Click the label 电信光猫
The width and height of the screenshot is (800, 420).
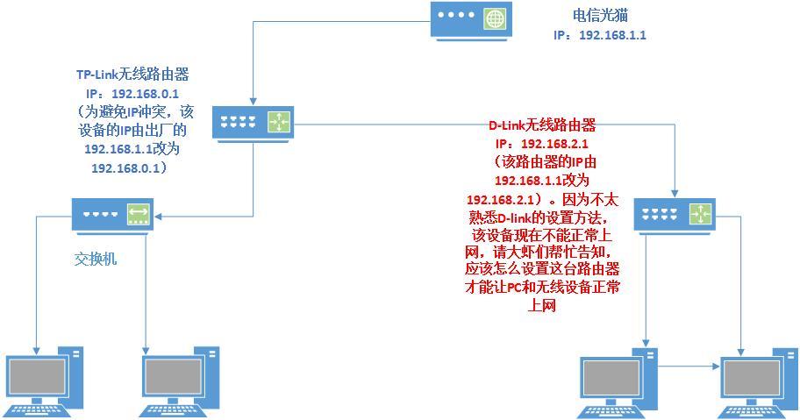pos(601,15)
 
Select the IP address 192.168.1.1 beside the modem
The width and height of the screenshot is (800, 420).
pos(600,35)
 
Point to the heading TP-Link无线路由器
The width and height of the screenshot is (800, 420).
pos(132,75)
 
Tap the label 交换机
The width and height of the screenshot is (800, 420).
pos(96,259)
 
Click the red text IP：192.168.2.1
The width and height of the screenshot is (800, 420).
pos(542,144)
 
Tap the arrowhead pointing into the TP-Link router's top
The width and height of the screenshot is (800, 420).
pos(254,100)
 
